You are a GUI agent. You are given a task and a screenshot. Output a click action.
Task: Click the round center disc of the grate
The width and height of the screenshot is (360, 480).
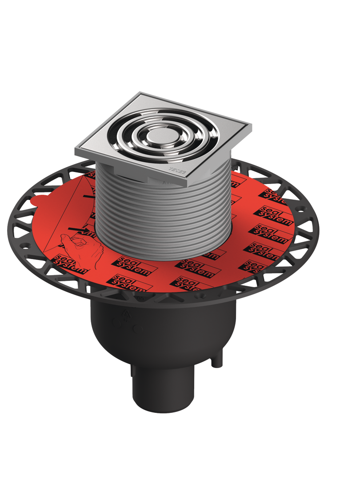pyautogui.click(x=157, y=136)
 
